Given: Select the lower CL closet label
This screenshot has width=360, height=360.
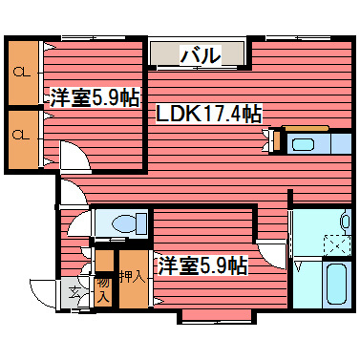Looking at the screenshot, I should tap(20, 135).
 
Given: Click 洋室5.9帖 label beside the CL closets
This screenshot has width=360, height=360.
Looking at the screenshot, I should tap(95, 96).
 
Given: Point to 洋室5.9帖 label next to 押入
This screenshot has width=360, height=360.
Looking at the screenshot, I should tap(203, 264).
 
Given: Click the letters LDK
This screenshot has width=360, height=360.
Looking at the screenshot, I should tap(177, 114).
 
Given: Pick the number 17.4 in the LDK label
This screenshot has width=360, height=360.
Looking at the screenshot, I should tap(221, 114).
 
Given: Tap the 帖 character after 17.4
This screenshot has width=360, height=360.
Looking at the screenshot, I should tap(252, 114).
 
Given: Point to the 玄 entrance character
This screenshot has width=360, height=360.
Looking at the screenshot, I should tap(74, 290).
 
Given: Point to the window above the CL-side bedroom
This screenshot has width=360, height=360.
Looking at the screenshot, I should tap(90, 37).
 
